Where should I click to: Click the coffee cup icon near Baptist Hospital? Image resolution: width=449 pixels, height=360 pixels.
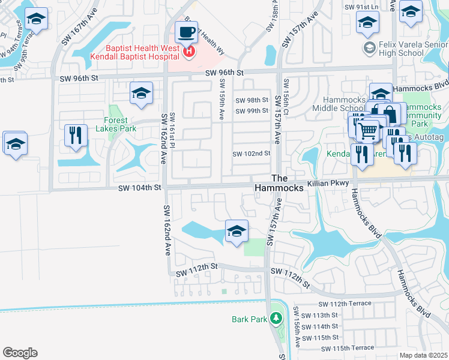click(186, 31)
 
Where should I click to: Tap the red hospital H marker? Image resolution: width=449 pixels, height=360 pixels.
click(189, 52)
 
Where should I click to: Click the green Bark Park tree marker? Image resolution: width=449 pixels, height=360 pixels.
click(276, 319)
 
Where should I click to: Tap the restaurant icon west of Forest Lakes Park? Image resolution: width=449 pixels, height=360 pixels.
click(76, 135)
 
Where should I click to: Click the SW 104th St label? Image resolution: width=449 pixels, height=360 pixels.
click(140, 188)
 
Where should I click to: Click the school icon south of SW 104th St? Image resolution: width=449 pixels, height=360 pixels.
click(237, 231)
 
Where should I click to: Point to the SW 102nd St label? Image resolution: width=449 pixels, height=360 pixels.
click(252, 154)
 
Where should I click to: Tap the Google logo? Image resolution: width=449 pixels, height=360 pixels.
click(20, 353)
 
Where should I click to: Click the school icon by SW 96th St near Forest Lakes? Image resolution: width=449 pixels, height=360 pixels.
click(141, 93)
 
